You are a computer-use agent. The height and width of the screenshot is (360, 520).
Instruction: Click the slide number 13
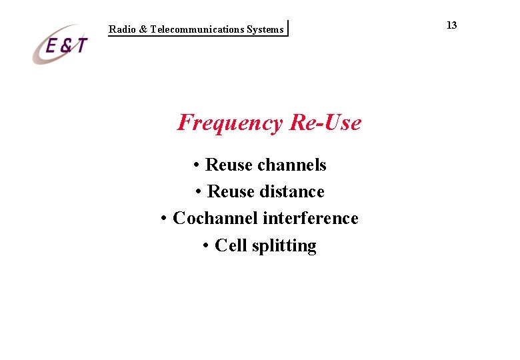click(451, 25)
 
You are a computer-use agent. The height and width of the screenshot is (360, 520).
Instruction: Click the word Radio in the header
click(122, 29)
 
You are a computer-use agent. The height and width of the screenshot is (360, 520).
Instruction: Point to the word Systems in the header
click(265, 29)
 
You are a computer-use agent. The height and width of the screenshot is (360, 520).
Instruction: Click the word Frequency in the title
click(230, 123)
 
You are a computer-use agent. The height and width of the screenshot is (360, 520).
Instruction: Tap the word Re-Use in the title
click(325, 123)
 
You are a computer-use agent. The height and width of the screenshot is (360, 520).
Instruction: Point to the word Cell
click(231, 246)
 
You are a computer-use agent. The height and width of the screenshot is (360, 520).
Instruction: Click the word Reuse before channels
click(229, 165)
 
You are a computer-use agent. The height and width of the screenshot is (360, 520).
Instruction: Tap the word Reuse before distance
click(231, 192)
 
